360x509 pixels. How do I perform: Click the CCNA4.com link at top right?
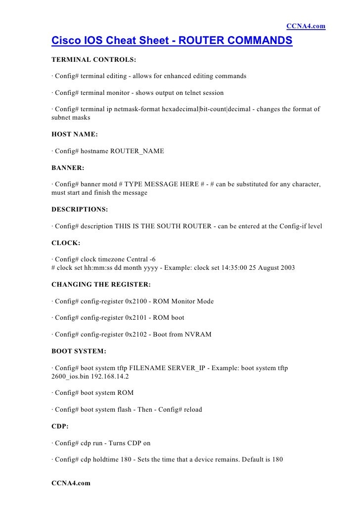pyautogui.click(x=306, y=26)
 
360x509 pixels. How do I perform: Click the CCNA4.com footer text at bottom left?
pyautogui.click(x=71, y=483)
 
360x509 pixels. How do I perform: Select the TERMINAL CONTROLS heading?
pyautogui.click(x=94, y=60)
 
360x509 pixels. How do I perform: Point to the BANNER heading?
pyautogui.click(x=69, y=168)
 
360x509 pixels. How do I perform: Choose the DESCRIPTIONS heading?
pyautogui.click(x=80, y=210)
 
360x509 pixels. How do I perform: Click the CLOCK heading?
pyautogui.click(x=66, y=242)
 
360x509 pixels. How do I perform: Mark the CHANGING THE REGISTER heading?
pyautogui.click(x=101, y=285)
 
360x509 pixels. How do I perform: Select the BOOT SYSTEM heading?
pyautogui.click(x=79, y=351)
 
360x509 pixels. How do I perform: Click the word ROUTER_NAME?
pyautogui.click(x=139, y=151)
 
